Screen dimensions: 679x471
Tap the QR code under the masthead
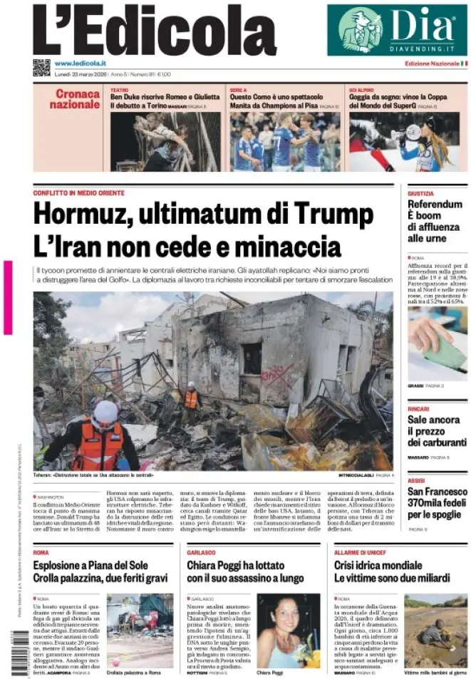click(x=41, y=68)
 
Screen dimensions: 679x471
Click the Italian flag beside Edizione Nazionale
click(x=464, y=63)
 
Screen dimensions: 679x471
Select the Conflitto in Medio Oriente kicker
click(x=78, y=193)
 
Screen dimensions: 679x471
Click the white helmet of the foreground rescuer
click(x=105, y=411)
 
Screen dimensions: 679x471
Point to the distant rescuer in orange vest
click(x=191, y=398)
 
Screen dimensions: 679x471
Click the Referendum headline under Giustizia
click(x=434, y=221)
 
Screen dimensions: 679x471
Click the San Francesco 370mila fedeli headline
click(x=437, y=503)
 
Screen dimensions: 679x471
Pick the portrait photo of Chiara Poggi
click(x=288, y=631)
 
